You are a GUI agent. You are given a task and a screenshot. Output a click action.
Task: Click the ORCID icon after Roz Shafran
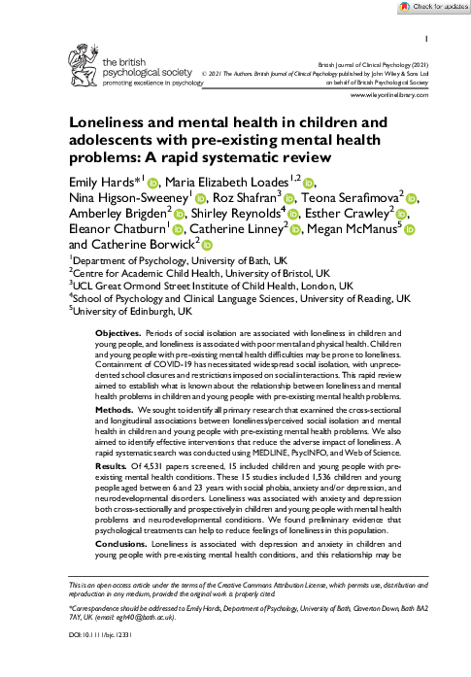point(289,199)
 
